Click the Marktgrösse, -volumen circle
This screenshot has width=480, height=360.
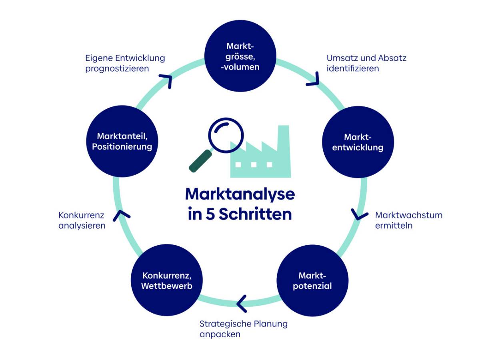click(240, 56)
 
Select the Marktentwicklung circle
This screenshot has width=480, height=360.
click(358, 142)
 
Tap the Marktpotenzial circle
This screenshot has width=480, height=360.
click(312, 280)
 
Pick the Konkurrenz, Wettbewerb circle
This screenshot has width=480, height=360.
click(167, 280)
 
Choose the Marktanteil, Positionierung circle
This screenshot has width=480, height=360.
click(122, 141)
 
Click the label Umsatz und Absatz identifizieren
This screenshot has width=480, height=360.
click(366, 63)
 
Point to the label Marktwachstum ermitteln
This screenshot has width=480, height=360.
click(409, 220)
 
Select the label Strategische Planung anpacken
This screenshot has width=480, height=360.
click(243, 329)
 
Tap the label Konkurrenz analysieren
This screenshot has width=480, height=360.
click(82, 220)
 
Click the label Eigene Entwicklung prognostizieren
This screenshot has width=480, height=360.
click(125, 63)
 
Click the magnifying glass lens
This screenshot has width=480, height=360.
click(226, 135)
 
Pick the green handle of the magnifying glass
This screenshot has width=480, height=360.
click(200, 161)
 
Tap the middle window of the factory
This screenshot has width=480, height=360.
click(254, 164)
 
